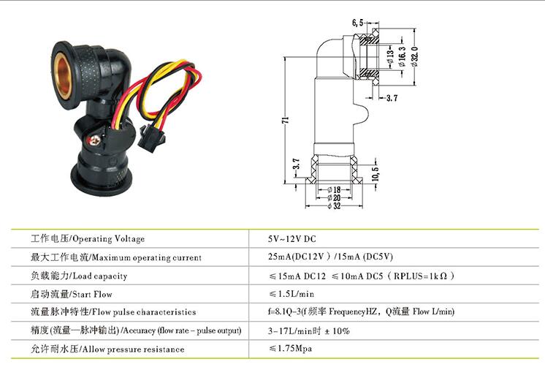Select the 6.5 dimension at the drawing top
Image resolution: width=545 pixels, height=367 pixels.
tap(357, 23)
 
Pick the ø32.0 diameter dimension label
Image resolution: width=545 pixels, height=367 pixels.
tap(414, 56)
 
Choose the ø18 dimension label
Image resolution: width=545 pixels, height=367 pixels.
tap(334, 190)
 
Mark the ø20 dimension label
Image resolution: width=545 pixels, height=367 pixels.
tap(334, 197)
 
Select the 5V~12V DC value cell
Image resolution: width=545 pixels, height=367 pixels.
tap(292, 239)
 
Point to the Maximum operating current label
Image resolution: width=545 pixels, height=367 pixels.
tap(115, 257)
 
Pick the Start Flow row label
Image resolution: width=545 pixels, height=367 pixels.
tap(72, 294)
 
